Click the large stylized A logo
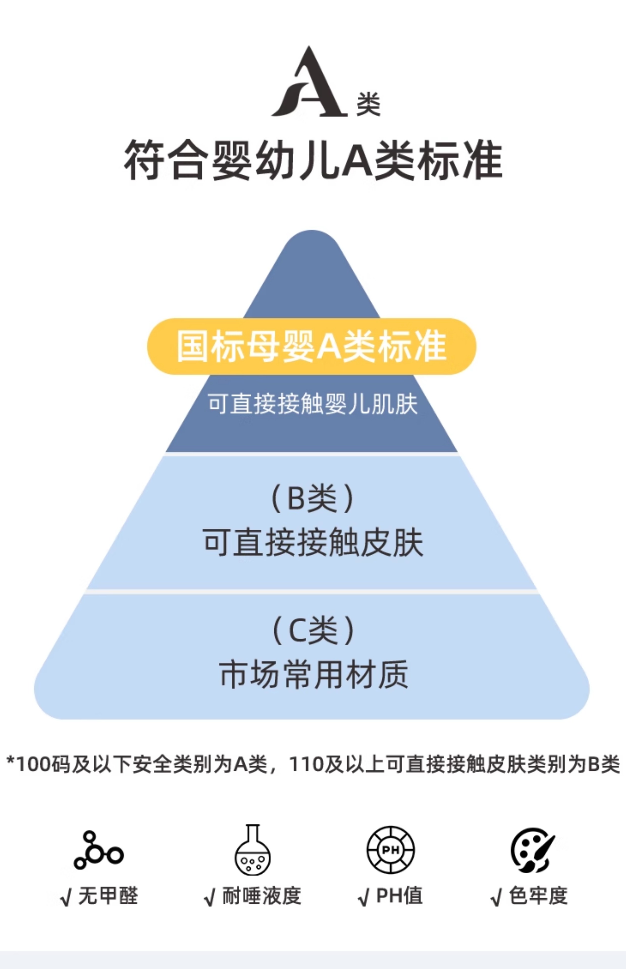point(309,83)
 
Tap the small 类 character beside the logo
point(368,104)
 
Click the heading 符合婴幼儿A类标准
point(313,160)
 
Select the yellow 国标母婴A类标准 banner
point(312,346)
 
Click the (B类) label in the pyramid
point(312,498)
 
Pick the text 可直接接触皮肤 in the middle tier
point(313,543)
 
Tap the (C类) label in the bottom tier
point(313,630)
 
